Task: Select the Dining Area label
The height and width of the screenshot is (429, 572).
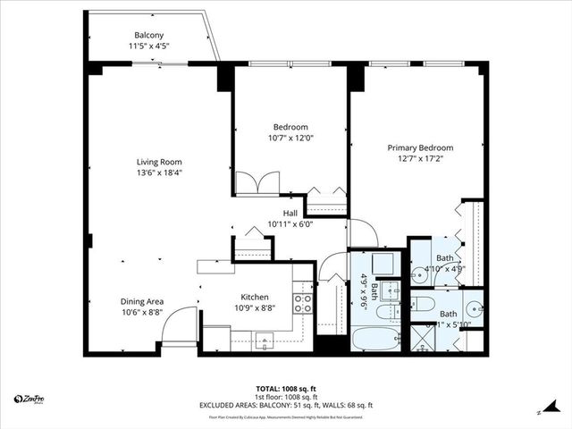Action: coord(142,302)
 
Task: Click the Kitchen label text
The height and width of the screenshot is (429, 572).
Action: coord(255,298)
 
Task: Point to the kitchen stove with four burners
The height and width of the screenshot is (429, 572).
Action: coord(303,303)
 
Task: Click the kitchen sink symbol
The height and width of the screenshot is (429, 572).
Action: coord(264,339)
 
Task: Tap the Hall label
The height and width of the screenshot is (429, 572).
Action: coord(290,213)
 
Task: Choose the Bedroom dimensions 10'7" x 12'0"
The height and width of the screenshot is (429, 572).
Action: coord(290,138)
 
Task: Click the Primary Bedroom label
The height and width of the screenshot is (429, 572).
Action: coord(419,148)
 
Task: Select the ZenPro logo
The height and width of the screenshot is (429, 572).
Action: coord(32,399)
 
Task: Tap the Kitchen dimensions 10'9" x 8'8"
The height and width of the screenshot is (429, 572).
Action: coord(255,308)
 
